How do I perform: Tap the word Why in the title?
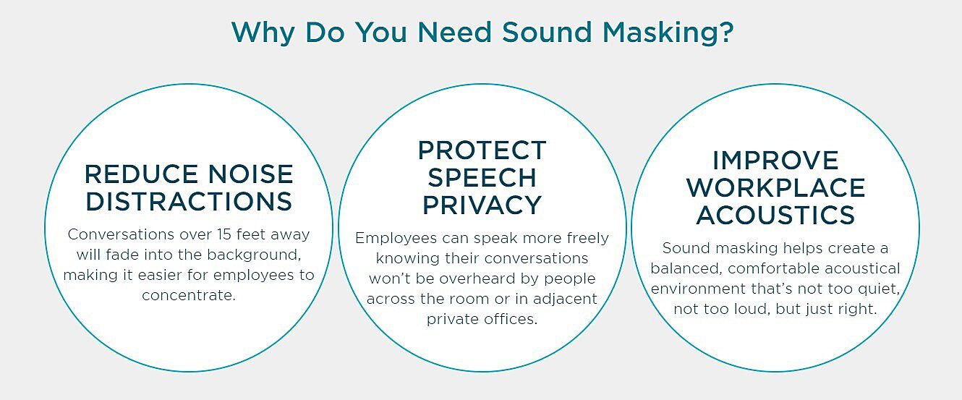tap(263, 33)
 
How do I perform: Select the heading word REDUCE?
tap(140, 174)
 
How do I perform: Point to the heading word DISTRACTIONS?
tap(189, 201)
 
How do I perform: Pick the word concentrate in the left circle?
tap(188, 295)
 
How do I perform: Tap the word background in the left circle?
tap(254, 255)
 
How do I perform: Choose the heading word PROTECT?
tap(482, 150)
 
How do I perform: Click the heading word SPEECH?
tap(482, 177)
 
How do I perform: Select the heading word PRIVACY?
tap(482, 205)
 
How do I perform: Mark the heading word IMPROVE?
tap(775, 161)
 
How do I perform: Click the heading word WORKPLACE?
tap(775, 188)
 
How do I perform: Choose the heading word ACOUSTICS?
tap(775, 215)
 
